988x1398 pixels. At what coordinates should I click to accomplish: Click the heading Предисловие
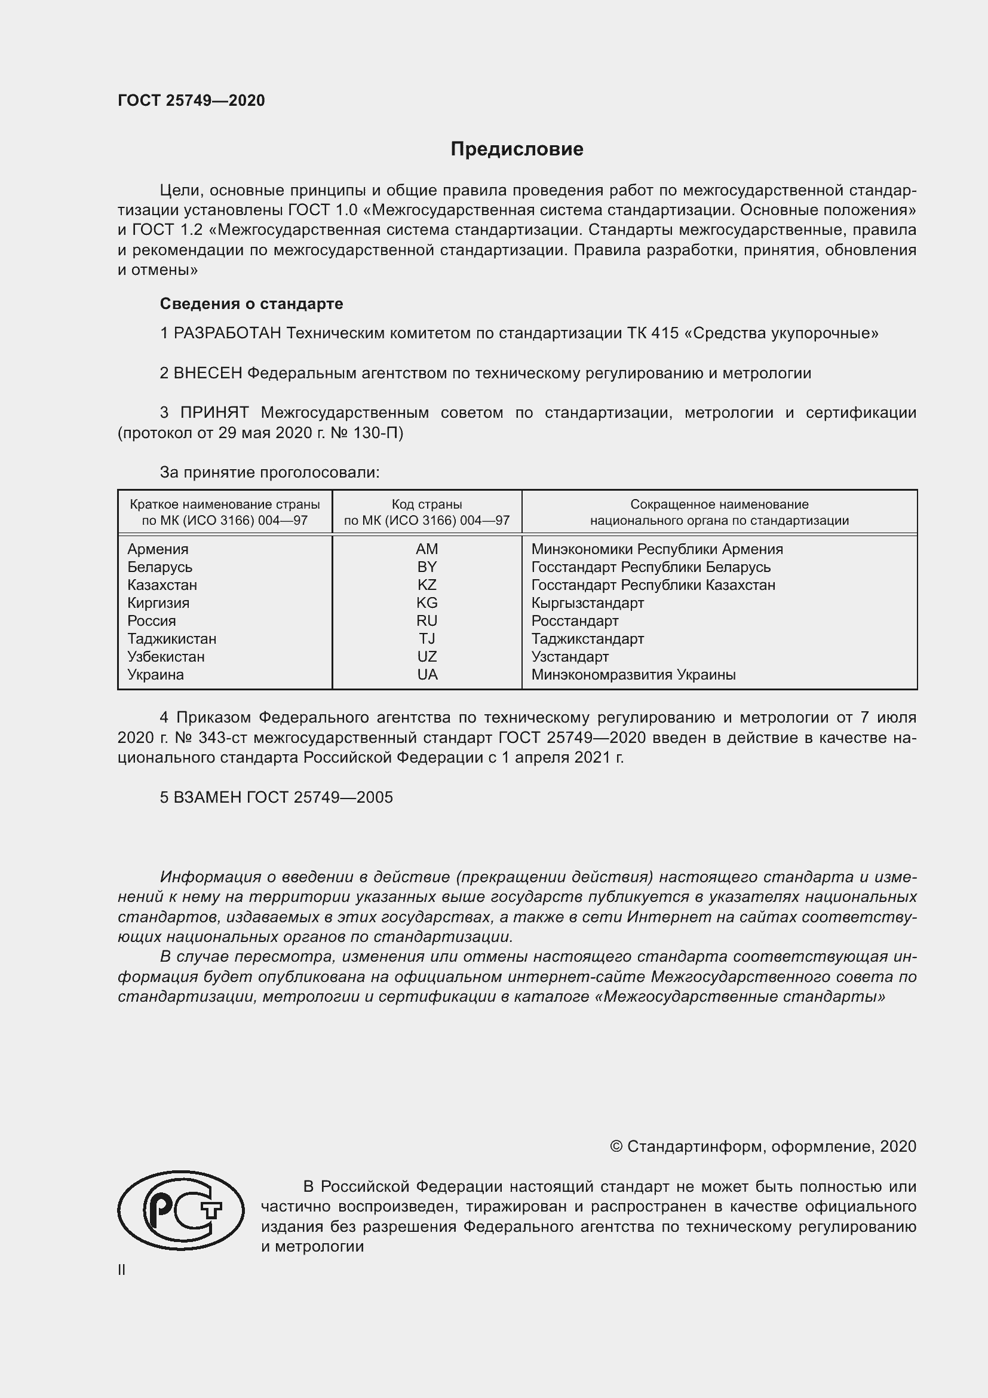517,149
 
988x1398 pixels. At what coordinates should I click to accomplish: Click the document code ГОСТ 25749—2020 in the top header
191,100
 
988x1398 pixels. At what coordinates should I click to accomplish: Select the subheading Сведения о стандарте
251,303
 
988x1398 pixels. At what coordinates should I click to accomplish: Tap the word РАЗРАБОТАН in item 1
228,333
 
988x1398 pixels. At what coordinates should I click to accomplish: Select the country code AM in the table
427,549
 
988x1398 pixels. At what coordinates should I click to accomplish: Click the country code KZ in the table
427,585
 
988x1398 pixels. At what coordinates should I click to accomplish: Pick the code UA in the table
427,674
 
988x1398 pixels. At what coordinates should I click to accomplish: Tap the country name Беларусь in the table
159,567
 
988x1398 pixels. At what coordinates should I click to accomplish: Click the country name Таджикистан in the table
171,639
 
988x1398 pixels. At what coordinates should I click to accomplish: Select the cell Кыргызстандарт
587,603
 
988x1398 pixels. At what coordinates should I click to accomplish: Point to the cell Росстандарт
574,620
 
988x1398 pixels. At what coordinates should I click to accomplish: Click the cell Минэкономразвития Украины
633,674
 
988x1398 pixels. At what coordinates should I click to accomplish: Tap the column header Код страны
427,504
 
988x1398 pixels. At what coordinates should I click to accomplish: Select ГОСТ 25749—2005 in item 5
320,797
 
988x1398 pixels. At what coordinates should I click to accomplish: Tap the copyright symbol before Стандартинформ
616,1146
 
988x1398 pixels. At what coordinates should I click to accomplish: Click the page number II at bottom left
121,1270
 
